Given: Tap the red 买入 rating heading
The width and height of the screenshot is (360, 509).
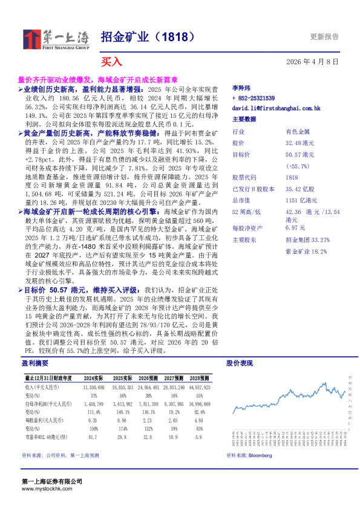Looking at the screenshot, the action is (x=111, y=61).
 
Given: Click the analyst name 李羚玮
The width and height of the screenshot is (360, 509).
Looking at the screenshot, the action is (x=241, y=88).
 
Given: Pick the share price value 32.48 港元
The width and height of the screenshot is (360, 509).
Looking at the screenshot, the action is (x=299, y=143).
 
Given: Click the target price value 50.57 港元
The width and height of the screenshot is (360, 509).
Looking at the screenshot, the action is (x=299, y=155).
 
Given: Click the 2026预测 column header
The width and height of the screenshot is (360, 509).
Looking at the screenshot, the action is (x=148, y=377).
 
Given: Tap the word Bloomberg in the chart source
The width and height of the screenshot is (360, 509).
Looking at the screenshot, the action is (x=260, y=455).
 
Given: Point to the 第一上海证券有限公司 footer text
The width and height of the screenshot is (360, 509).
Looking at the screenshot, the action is (x=51, y=481).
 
